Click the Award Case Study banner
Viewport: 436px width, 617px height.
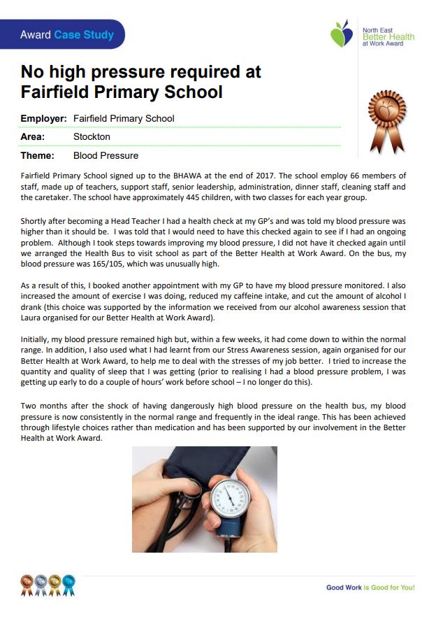point(66,34)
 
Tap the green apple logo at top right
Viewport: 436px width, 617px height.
point(342,34)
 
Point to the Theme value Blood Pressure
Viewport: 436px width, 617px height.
point(106,155)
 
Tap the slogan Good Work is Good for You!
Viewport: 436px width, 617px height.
point(370,588)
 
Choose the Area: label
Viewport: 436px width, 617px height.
point(33,136)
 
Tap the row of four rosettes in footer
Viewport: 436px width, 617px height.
point(48,582)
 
